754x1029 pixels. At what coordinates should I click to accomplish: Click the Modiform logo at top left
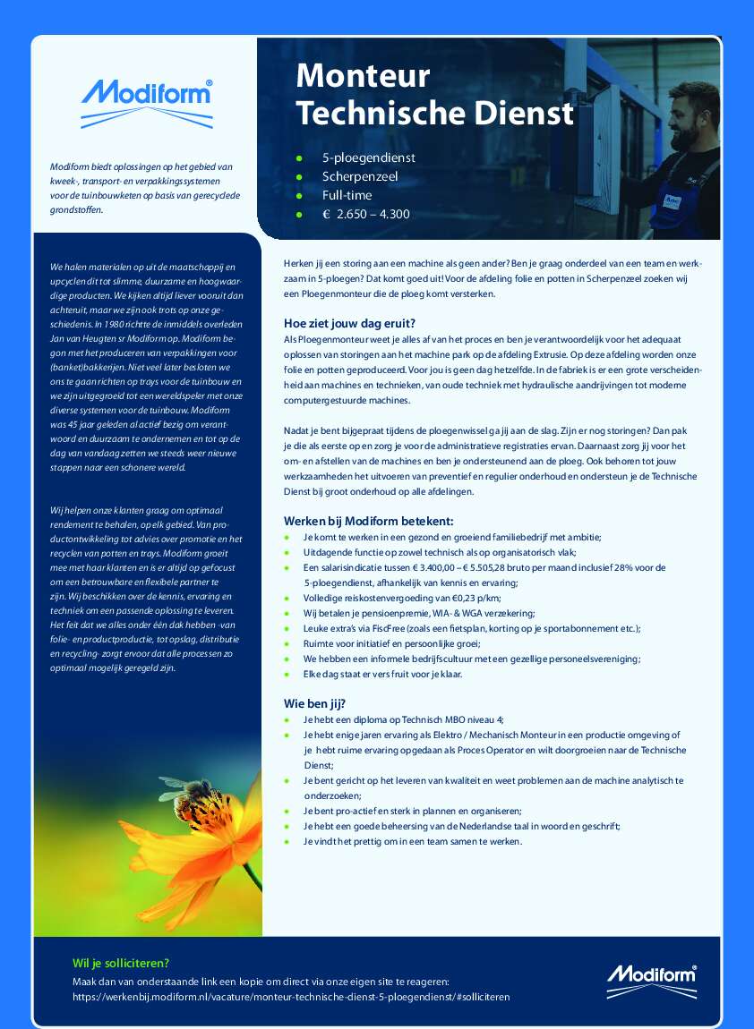tap(146, 101)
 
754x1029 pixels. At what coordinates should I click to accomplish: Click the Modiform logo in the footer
tap(651, 982)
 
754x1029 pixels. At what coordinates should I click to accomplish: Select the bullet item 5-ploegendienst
tap(368, 157)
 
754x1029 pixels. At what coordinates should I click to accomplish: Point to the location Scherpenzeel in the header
tap(360, 176)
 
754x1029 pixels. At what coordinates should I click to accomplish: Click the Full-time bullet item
tap(347, 195)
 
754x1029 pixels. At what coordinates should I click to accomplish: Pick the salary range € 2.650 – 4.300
tap(366, 214)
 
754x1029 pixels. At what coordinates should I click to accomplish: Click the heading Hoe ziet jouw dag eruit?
tap(349, 323)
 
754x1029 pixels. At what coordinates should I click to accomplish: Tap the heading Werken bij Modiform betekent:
tap(369, 521)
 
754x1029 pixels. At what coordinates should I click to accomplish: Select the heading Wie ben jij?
tap(315, 703)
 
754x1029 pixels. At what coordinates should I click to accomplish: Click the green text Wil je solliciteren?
tap(121, 963)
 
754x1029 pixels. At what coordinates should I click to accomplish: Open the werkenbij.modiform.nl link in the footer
tap(291, 996)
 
